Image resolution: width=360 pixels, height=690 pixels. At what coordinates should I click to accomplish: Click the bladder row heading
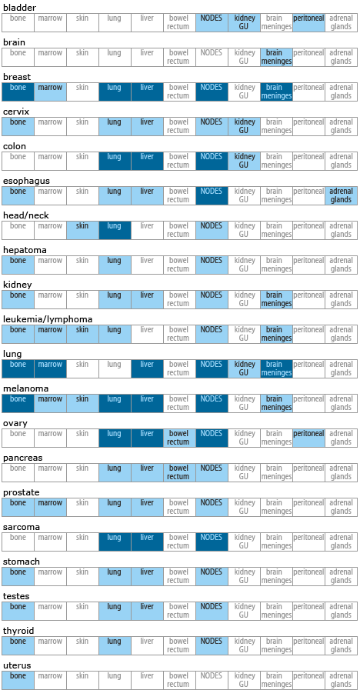point(19,8)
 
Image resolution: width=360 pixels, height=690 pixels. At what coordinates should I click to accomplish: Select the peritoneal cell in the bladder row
point(309,22)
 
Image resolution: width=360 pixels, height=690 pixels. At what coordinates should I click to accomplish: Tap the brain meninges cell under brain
point(276,57)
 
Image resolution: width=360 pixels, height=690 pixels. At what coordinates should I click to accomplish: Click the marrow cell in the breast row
point(50,92)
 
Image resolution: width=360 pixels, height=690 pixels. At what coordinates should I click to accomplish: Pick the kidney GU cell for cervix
point(245,126)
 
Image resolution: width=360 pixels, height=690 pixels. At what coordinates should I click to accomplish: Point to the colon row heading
point(15,146)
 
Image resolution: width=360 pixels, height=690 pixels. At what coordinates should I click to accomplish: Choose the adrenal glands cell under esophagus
point(341,196)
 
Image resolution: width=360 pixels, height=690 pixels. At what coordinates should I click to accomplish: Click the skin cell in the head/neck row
point(83,230)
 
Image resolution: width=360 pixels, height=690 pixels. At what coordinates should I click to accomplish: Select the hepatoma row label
point(25,251)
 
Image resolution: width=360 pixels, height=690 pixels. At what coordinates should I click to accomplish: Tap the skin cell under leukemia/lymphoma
point(83,335)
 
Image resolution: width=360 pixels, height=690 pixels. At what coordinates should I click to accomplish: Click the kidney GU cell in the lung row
point(245,368)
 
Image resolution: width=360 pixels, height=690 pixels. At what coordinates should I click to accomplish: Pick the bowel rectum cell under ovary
point(179,438)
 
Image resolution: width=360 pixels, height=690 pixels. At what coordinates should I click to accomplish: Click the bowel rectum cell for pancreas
point(179,473)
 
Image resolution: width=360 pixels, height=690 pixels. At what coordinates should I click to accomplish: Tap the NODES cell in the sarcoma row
point(212,542)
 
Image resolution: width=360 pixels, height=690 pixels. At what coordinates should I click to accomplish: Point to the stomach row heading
point(22,562)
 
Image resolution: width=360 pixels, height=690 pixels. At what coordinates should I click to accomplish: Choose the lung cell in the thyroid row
point(115,646)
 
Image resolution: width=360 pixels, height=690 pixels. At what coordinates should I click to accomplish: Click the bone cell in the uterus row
point(18,680)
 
